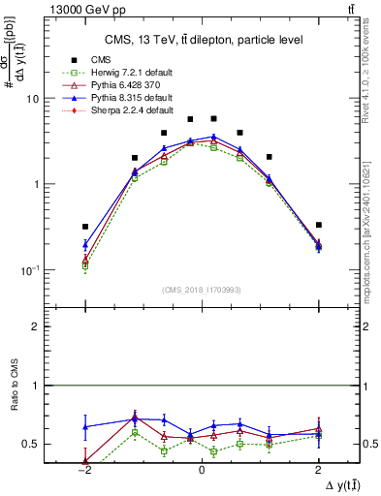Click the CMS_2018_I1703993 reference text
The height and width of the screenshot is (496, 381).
click(201, 290)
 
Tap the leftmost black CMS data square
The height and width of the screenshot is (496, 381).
click(85, 227)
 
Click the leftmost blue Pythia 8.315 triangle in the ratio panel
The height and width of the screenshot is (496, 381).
click(85, 426)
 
